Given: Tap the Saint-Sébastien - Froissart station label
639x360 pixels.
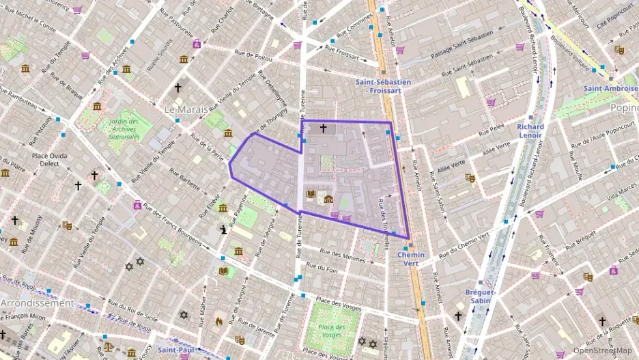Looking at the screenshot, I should coord(383,85).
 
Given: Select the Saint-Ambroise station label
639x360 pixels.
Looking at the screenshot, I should coord(611,88).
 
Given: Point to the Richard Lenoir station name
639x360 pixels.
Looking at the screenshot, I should coord(530,130).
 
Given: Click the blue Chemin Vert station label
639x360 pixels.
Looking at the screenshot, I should coord(411,260).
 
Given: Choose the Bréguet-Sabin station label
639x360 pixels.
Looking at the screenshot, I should coord(481,296).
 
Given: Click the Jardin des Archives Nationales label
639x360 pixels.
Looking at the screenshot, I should coord(124,129).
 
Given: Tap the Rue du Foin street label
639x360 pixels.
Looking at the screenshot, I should coord(322,268).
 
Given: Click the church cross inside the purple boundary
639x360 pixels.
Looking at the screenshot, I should coord(323,128).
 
